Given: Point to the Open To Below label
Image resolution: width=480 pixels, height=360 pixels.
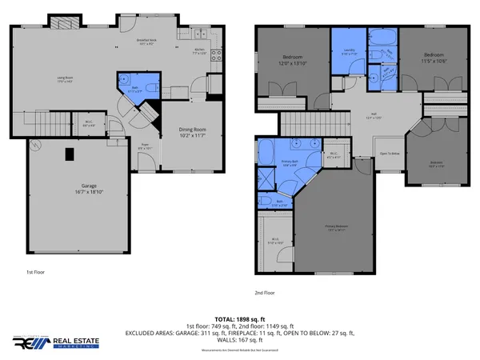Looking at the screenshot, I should (390, 153).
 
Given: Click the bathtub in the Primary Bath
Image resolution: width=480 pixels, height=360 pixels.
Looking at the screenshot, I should (267, 153).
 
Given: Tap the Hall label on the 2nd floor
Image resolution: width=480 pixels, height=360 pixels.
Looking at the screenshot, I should (374, 116).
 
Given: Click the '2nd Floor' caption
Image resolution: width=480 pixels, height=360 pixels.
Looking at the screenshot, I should (264, 293).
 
